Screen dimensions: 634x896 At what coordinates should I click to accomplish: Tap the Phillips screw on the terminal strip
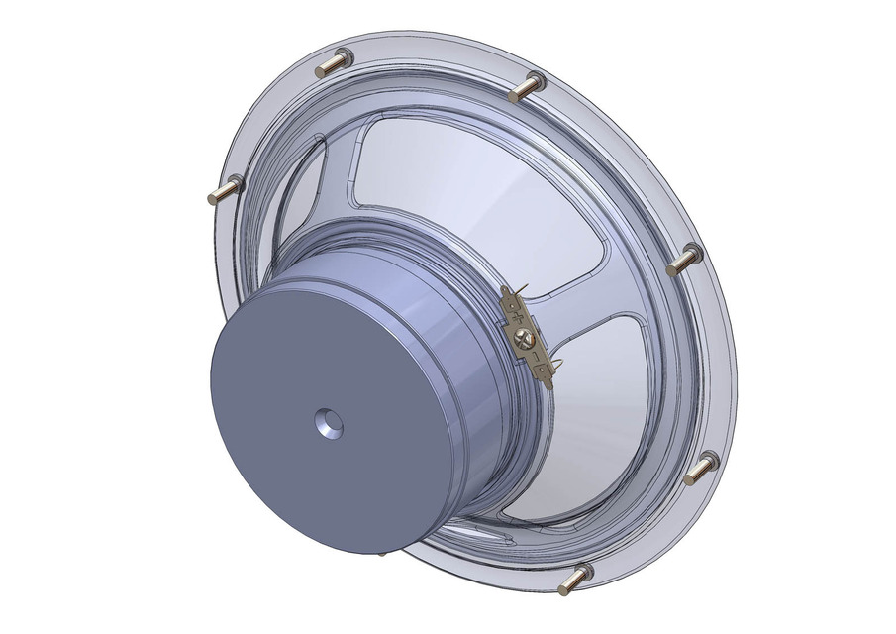click(x=524, y=339)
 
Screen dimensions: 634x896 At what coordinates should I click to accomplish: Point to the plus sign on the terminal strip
click(x=518, y=317)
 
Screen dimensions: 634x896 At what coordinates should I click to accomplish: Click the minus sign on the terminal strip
click(x=536, y=356)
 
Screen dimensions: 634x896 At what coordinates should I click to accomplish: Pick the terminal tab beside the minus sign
click(x=543, y=372)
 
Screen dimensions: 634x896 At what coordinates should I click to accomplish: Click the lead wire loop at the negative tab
click(x=559, y=364)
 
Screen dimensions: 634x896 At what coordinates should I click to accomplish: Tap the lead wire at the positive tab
click(x=523, y=289)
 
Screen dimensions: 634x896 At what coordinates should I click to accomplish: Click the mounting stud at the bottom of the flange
click(x=575, y=580)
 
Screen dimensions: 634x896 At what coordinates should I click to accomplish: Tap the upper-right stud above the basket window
click(x=527, y=87)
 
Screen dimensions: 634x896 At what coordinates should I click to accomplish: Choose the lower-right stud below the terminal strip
click(x=700, y=468)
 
